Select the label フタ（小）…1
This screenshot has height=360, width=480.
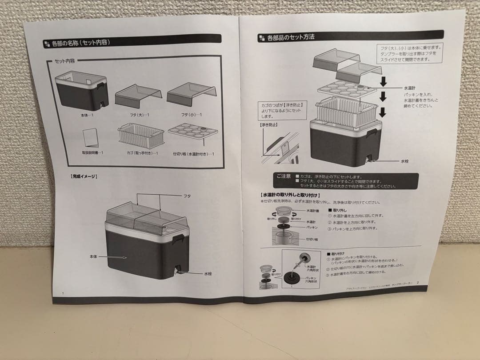pyautogui.click(x=191, y=115)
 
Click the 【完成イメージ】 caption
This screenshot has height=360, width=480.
pyautogui.click(x=84, y=176)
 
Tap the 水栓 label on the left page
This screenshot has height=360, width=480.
pyautogui.click(x=208, y=274)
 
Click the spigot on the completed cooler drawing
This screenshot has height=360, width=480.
pyautogui.click(x=178, y=270)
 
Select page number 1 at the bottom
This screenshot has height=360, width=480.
pyautogui.click(x=63, y=293)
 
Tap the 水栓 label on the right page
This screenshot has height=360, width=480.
pyautogui.click(x=404, y=162)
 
